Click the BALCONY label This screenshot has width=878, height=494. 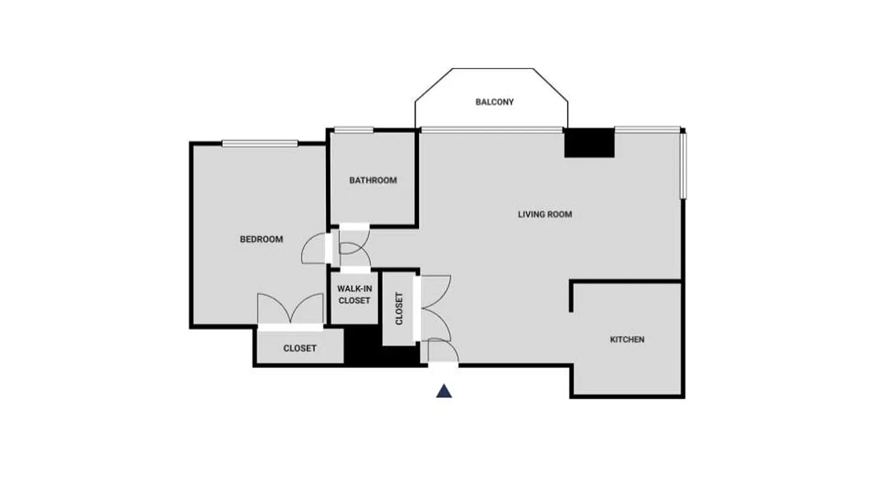coord(494,102)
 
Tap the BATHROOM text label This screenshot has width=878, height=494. coord(373,180)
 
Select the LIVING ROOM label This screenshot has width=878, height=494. coord(545,214)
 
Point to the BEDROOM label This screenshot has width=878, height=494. coord(261,239)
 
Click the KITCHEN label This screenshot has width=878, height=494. coord(627,339)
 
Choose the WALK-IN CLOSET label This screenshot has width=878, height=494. coord(354,295)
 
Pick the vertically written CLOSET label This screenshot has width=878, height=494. coord(399,308)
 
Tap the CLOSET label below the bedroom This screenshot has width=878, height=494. coord(299,348)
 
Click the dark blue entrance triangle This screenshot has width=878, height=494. coord(444,391)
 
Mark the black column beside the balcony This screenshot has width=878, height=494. coord(590,143)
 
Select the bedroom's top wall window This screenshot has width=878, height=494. coord(260,143)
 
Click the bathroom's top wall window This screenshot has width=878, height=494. coord(354,130)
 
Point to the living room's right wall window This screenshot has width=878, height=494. coord(683,165)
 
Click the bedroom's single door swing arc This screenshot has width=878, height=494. coord(313,248)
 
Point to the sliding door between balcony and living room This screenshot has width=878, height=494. coord(491,130)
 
